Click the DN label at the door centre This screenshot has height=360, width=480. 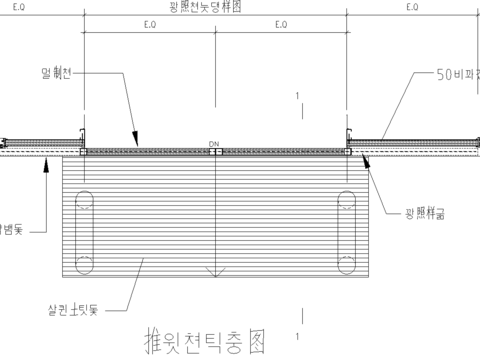pyautogui.click(x=214, y=145)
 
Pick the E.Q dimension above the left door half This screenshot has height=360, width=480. pyautogui.click(x=149, y=23)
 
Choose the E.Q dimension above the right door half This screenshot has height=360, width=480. pyautogui.click(x=279, y=23)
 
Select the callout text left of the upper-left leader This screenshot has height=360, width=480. pyautogui.click(x=59, y=73)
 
